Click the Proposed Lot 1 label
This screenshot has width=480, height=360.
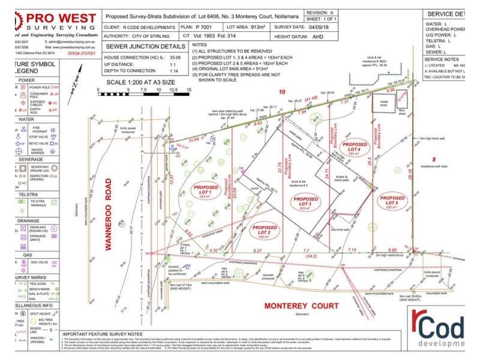[206, 191]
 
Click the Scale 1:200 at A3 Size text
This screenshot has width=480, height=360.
[140, 82]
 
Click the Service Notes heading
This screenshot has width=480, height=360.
[442, 59]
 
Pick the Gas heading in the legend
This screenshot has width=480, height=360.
[27, 254]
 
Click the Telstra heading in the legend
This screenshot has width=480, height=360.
[27, 195]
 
